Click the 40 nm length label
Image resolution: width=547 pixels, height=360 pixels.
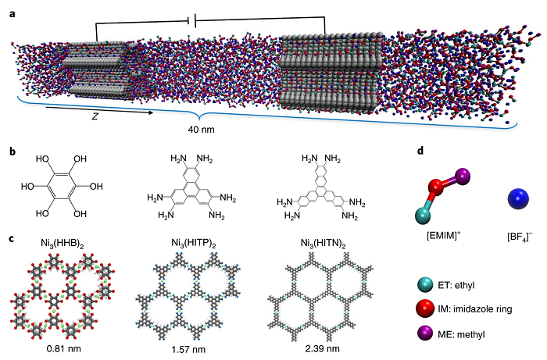click(x=202, y=130)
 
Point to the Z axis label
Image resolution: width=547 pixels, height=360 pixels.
click(x=95, y=117)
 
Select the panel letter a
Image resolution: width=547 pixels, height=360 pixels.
click(x=13, y=14)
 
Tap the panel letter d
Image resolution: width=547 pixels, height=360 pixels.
click(x=421, y=151)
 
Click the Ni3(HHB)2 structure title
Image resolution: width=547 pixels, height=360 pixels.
click(x=62, y=244)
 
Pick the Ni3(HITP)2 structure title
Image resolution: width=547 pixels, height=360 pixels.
click(x=194, y=244)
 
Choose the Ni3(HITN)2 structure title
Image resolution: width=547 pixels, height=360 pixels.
click(x=323, y=244)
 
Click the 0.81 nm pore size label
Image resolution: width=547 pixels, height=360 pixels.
click(x=64, y=348)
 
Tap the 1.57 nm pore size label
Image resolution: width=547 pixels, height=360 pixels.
click(x=189, y=349)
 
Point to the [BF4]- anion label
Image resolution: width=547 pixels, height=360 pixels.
click(x=520, y=237)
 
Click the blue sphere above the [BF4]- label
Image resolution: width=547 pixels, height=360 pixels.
click(x=518, y=199)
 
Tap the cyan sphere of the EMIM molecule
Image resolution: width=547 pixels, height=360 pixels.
click(x=423, y=216)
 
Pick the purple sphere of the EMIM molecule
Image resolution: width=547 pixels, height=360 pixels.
click(x=463, y=176)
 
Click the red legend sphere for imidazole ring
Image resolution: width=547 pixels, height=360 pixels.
click(x=424, y=309)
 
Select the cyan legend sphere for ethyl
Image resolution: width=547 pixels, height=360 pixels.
click(x=424, y=285)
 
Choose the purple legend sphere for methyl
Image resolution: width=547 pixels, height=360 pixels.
click(x=424, y=333)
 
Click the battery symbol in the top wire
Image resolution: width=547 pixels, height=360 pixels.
click(x=191, y=20)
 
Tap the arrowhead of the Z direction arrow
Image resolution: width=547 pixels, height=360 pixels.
click(x=150, y=112)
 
